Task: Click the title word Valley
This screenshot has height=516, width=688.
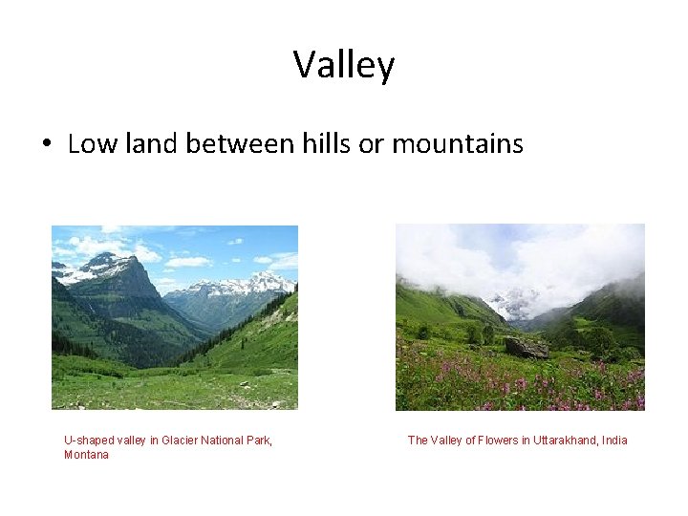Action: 343,66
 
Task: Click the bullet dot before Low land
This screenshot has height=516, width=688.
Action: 45,145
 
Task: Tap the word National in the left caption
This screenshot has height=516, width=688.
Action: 226,441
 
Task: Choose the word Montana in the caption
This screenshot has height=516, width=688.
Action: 86,455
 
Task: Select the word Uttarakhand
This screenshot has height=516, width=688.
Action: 565,441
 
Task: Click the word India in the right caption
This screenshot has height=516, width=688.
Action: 613,441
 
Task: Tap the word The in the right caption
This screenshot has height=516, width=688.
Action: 419,441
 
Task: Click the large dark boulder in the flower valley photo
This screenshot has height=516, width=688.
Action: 527,348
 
